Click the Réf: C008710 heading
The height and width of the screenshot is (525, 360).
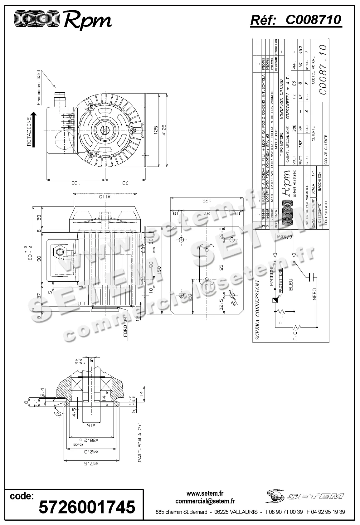[x=296, y=20]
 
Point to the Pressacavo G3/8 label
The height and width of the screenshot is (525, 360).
[x=39, y=88]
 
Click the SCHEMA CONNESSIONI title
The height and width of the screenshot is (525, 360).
[x=257, y=311]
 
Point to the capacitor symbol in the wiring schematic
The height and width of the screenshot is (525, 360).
[x=312, y=276]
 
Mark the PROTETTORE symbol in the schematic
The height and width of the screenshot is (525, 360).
[x=275, y=300]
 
